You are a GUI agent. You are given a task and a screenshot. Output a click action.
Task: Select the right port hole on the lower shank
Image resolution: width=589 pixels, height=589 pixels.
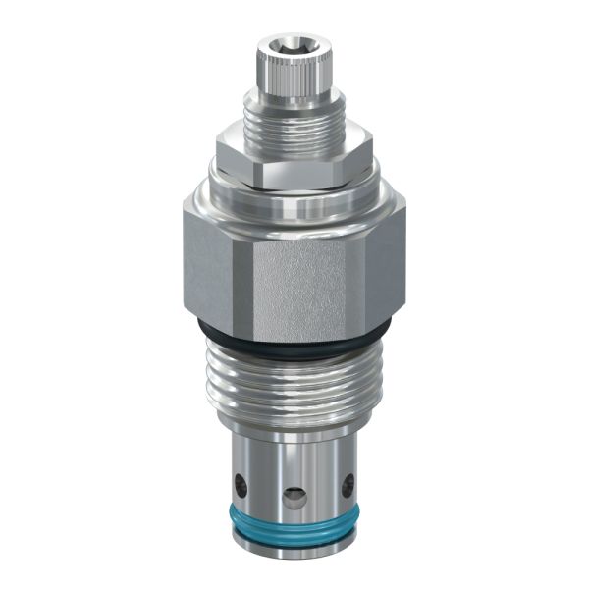(348, 483)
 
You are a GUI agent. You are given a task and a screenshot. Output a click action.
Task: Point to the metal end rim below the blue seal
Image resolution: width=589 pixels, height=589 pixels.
(294, 555)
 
